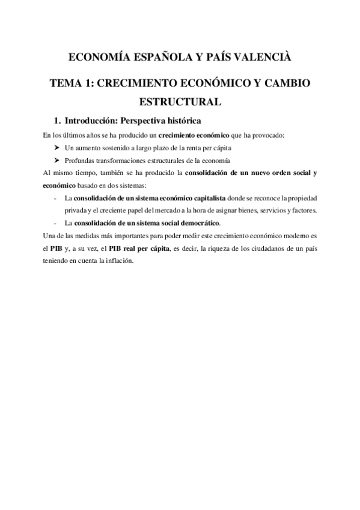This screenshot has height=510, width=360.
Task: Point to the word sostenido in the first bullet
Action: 114,147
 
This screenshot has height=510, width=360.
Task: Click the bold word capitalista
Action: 208,198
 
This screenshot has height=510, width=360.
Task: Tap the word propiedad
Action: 299,198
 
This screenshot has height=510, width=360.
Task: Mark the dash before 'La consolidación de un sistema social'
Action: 56,223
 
